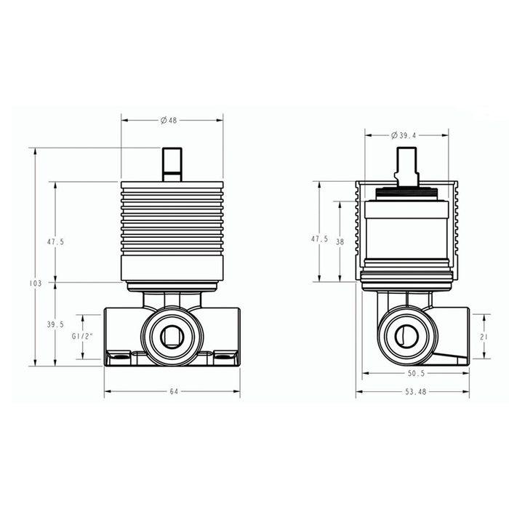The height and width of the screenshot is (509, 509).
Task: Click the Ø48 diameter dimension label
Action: tap(169, 121)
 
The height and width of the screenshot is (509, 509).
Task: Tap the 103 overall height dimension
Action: tap(36, 284)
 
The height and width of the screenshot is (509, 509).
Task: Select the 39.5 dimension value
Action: tap(55, 324)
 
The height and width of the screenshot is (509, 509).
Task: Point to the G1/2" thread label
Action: tap(82, 337)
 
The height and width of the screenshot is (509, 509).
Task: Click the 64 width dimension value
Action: tap(174, 391)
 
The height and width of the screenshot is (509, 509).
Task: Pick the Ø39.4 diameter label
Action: tap(404, 135)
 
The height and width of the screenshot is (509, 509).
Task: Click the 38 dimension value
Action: tap(340, 242)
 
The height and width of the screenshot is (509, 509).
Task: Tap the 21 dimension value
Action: tap(484, 337)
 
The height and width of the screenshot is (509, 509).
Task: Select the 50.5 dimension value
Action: tap(416, 374)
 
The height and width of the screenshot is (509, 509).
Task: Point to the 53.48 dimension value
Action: tap(415, 392)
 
